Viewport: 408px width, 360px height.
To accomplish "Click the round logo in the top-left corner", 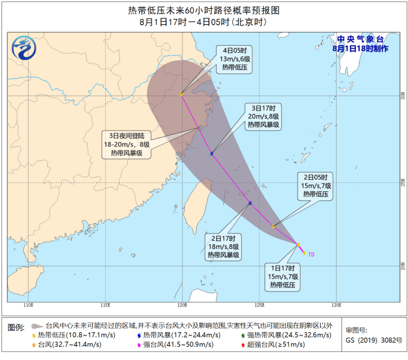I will click(x=23, y=45).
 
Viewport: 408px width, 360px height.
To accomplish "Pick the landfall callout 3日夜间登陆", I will click(x=126, y=144).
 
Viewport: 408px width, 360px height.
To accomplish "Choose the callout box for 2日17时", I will click(x=223, y=247).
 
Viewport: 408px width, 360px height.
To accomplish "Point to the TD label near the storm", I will click(x=311, y=254).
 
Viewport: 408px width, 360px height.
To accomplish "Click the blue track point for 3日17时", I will click(x=211, y=153).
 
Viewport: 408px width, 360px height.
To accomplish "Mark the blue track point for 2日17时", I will click(x=250, y=203).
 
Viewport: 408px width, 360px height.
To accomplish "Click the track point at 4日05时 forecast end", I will click(x=182, y=94).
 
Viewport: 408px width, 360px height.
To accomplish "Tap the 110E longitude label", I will click(x=28, y=305).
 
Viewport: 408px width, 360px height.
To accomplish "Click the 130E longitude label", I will click(x=336, y=305).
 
